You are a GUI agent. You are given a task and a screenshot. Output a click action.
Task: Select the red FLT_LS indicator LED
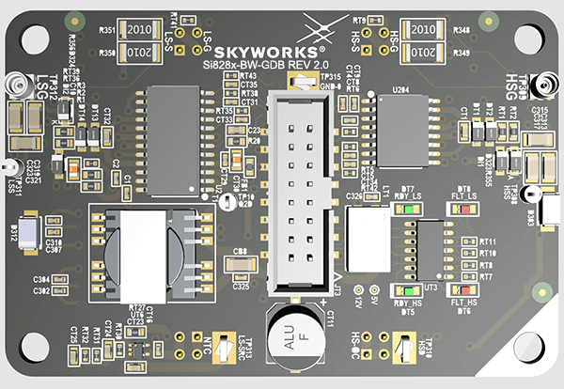(462, 208)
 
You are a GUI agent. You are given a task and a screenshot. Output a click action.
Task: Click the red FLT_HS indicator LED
(462, 292)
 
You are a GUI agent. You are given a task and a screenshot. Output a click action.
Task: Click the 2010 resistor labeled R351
(141, 30)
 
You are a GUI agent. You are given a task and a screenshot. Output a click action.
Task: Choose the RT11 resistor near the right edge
(471, 242)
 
